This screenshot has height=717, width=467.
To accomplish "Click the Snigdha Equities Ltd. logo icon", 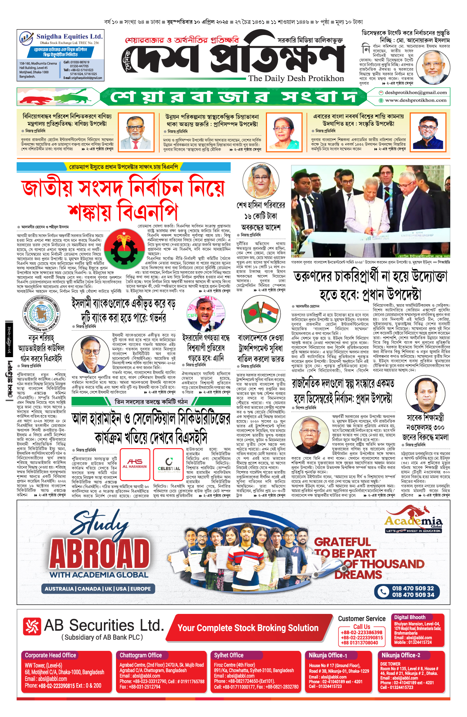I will (x=26, y=39).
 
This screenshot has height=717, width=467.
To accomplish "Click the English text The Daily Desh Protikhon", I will (x=296, y=78).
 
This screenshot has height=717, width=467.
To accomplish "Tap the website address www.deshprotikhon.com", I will (x=416, y=100).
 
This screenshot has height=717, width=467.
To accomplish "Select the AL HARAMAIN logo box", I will (x=135, y=464).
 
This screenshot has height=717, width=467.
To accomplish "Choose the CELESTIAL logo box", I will (x=169, y=464).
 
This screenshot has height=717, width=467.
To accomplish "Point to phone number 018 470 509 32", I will (x=413, y=588).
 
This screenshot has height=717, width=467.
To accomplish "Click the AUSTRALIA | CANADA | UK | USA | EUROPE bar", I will (x=98, y=589).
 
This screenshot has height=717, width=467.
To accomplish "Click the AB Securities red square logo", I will (x=32, y=626).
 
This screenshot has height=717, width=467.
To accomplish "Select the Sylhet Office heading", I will (x=228, y=655).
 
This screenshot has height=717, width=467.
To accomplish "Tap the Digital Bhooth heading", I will (x=409, y=617).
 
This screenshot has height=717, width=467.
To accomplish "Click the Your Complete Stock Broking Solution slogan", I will (x=248, y=628).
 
